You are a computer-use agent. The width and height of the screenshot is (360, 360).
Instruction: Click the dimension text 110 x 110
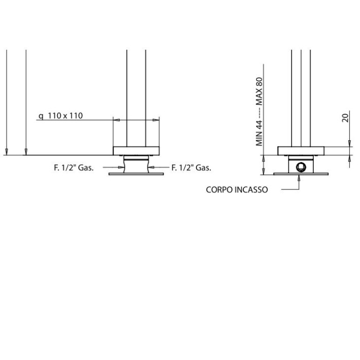(65, 116)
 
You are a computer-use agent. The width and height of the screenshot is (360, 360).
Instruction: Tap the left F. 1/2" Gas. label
(74, 168)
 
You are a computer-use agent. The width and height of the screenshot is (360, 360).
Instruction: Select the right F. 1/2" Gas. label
(191, 168)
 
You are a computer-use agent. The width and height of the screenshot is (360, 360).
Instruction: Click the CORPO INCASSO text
(237, 190)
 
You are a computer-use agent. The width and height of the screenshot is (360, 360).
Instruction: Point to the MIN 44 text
(259, 133)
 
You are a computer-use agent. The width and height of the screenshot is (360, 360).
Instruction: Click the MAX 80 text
(259, 92)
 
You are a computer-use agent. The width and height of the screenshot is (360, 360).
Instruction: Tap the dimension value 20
(346, 118)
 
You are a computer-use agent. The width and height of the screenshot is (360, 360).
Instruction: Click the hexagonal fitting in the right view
(300, 167)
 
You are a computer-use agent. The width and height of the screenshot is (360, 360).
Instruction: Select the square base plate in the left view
(136, 151)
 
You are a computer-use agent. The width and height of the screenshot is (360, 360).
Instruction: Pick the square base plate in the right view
(301, 151)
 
